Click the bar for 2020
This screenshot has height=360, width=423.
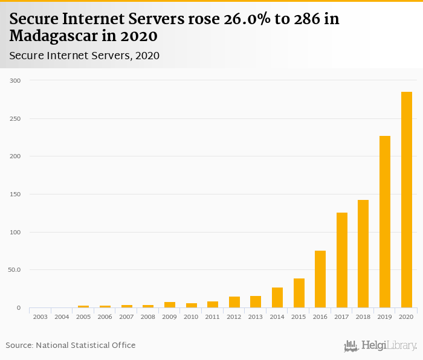point(407,200)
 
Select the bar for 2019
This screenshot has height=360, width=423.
point(385,222)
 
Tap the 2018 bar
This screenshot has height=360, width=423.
point(363,254)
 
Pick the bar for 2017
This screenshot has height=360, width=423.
point(342,260)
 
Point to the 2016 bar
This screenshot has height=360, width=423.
point(320,279)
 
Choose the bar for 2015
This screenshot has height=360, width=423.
point(299,293)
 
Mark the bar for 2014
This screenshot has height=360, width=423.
point(277,298)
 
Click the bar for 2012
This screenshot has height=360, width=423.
point(234,302)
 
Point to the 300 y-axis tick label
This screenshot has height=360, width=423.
point(15,80)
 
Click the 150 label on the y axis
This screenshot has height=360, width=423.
point(15,194)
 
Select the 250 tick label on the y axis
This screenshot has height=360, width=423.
point(15,118)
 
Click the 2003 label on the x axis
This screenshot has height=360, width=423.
point(40,317)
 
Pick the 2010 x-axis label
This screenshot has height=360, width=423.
point(191,317)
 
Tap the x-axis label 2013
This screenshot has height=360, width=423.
point(256,317)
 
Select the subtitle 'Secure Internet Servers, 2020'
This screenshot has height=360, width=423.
point(85,56)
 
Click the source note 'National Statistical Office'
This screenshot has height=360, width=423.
point(86,345)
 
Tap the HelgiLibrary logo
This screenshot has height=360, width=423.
point(380,346)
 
